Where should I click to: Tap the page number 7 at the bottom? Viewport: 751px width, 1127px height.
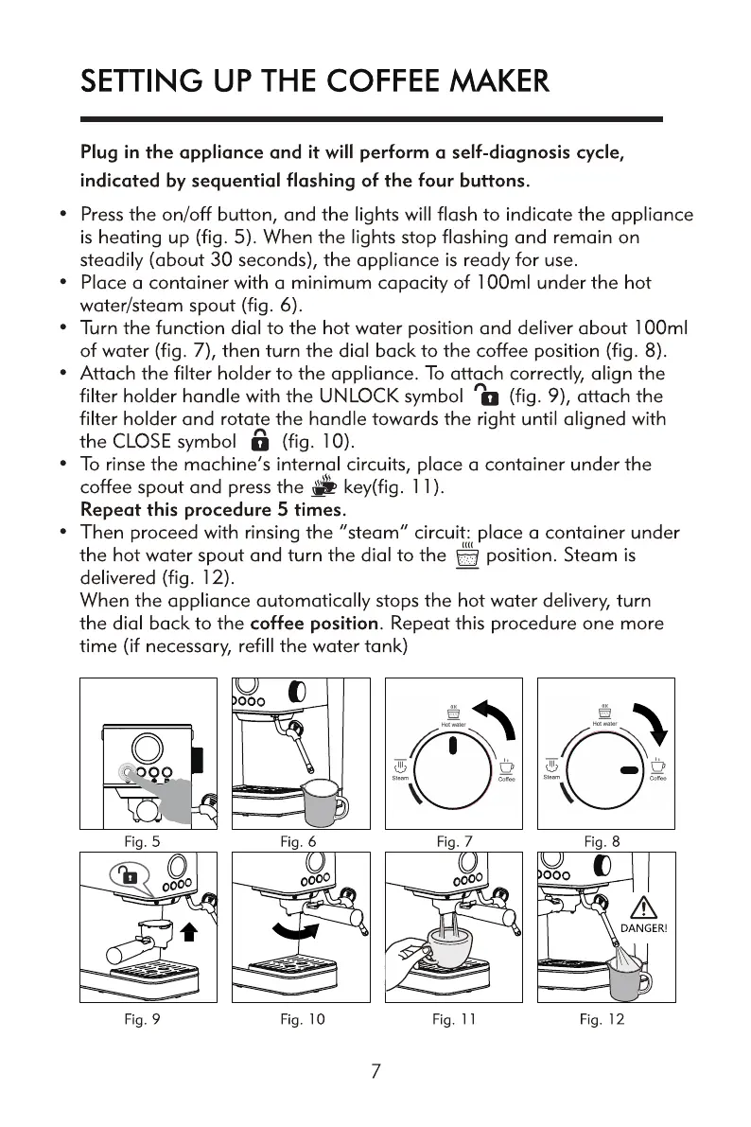[375, 1071]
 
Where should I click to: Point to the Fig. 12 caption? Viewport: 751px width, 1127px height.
[602, 1019]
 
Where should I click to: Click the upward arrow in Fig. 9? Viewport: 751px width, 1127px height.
[187, 932]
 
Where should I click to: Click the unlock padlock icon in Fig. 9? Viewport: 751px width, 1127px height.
[128, 875]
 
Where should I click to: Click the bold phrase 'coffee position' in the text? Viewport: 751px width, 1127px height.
[315, 624]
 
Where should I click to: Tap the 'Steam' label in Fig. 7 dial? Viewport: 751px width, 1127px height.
[400, 779]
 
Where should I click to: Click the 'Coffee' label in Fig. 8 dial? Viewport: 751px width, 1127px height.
[657, 779]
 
